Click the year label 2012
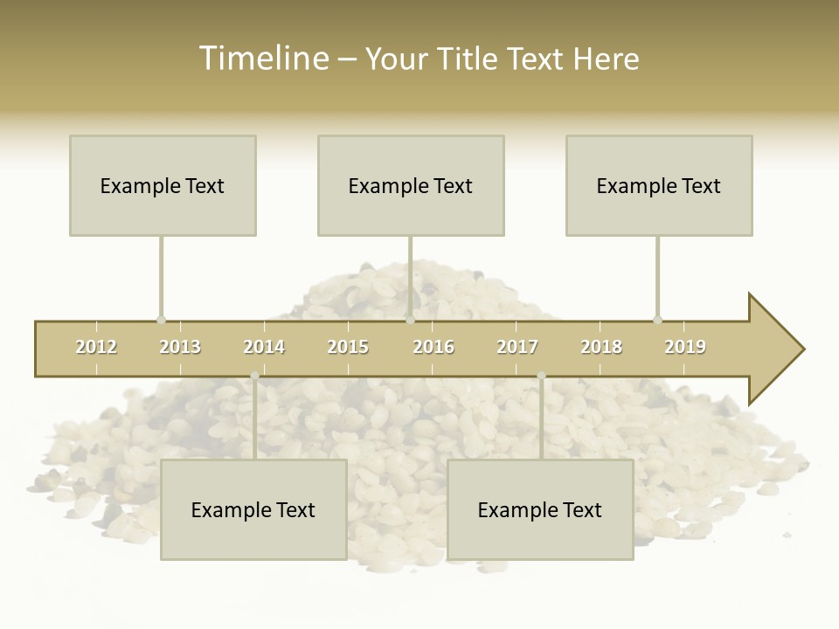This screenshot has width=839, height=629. pyautogui.click(x=96, y=348)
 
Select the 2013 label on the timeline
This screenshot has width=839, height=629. pyautogui.click(x=180, y=348)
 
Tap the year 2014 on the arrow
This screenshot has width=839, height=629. pyautogui.click(x=264, y=348)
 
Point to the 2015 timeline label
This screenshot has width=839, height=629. pyautogui.click(x=348, y=348)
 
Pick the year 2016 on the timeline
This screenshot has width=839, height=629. pyautogui.click(x=433, y=348)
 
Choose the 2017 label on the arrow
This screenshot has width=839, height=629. pyautogui.click(x=517, y=348)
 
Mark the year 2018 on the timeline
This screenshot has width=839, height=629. pyautogui.click(x=601, y=348)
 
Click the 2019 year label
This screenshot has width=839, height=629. pyautogui.click(x=685, y=348)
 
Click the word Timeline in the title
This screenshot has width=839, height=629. pyautogui.click(x=262, y=59)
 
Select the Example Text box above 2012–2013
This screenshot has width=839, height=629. pyautogui.click(x=163, y=185)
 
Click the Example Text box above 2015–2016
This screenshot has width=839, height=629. pyautogui.click(x=411, y=185)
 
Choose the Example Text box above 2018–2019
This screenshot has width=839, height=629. pyautogui.click(x=659, y=185)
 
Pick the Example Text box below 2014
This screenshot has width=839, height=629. pyautogui.click(x=253, y=509)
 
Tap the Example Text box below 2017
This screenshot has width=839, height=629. pyautogui.click(x=540, y=509)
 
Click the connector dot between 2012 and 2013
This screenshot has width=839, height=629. pyautogui.click(x=161, y=321)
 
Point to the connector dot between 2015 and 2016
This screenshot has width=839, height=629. pyautogui.click(x=410, y=321)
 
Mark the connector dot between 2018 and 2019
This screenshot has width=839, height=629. pyautogui.click(x=657, y=321)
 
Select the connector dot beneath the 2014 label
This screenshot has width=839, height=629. pyautogui.click(x=254, y=376)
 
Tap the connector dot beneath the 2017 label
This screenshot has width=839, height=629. pyautogui.click(x=541, y=376)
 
